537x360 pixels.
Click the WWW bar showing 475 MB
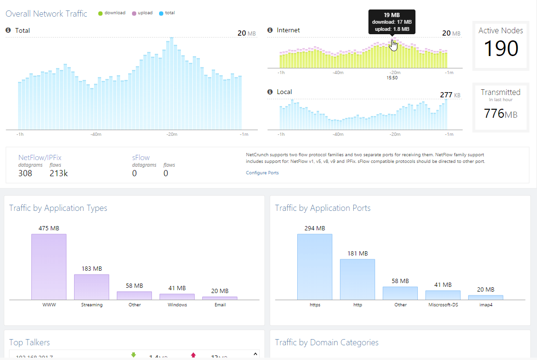point(49,266)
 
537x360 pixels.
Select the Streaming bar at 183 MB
point(92,287)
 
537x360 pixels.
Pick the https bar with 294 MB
point(315,266)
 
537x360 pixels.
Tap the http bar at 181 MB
point(358,279)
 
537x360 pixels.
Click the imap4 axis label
point(486,305)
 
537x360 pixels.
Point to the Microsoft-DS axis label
point(443,305)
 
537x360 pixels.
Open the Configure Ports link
point(262,173)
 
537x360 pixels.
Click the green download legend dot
point(100,13)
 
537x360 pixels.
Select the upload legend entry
point(142,13)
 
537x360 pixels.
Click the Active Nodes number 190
point(501,49)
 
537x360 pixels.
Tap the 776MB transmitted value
point(500,114)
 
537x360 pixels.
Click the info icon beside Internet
point(270,30)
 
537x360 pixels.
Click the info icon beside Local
point(270,92)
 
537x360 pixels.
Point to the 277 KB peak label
point(450,95)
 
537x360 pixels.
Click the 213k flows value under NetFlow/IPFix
point(58,173)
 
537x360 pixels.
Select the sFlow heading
point(141,157)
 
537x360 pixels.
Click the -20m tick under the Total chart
point(171,135)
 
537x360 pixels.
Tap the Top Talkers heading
point(29,342)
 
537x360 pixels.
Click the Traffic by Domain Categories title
point(327,342)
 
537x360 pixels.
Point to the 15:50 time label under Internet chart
point(392,78)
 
